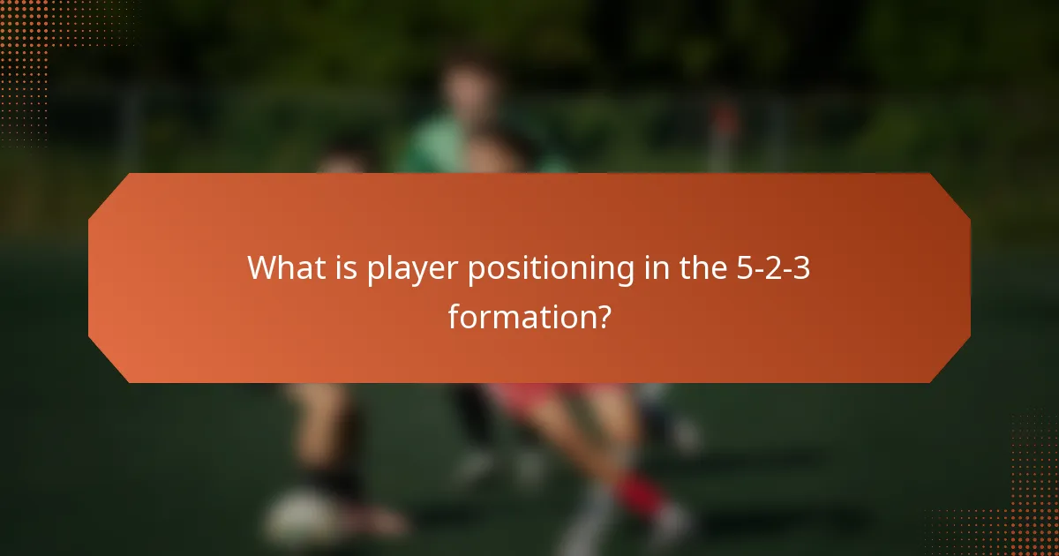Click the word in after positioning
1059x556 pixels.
pos(655,267)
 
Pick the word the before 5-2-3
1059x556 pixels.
pos(702,267)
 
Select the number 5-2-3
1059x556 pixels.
pos(773,267)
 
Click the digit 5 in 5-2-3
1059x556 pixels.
pos(745,267)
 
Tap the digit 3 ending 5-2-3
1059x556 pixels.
pos(801,267)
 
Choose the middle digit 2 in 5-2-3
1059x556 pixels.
pos(773,267)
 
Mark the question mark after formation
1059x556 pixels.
pos(601,316)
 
